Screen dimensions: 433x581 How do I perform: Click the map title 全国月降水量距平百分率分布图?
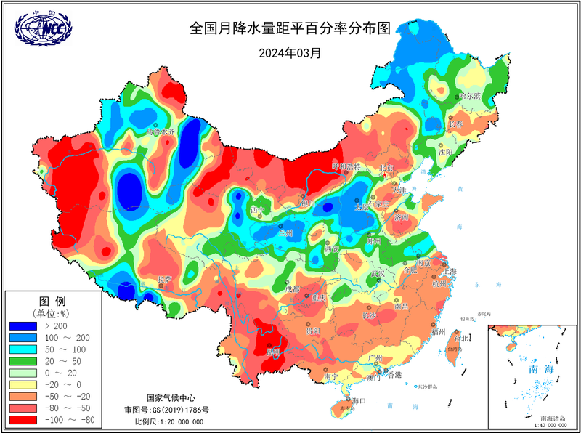pos(290,29)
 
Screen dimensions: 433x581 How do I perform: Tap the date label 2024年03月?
pos(290,53)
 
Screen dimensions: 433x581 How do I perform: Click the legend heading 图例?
pos(52,301)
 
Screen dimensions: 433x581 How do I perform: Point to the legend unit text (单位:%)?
pos(52,313)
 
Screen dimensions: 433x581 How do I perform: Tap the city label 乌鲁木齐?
pos(161,132)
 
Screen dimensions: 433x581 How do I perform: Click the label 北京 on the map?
pos(386,169)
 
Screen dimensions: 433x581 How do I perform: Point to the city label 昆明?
pos(273,352)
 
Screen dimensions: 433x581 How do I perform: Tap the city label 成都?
pos(292,289)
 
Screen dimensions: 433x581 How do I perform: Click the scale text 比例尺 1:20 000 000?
pos(173,422)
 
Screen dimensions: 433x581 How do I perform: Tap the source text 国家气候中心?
pos(171,398)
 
